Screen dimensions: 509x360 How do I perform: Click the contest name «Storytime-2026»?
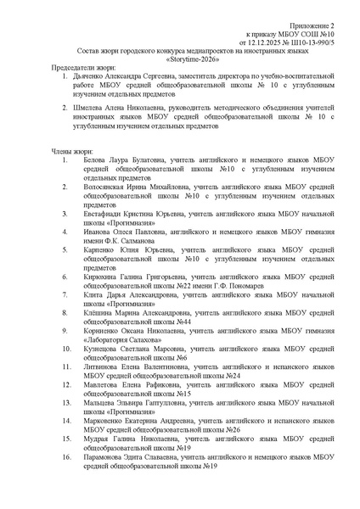coord(180,60)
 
